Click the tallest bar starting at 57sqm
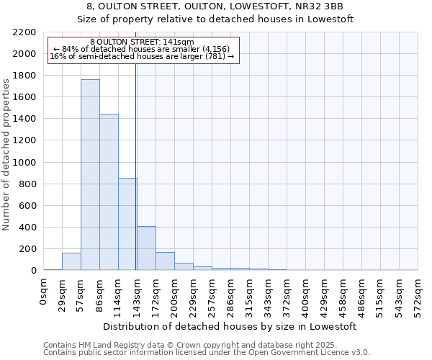[90, 175]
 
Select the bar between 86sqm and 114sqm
[109, 192]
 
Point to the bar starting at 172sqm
[165, 261]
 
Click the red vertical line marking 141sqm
[135, 166]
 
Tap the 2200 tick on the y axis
[24, 32]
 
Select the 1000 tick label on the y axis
[24, 163]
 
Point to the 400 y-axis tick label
[27, 228]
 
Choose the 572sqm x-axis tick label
[418, 293]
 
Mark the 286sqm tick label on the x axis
[231, 293]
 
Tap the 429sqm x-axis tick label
[325, 293]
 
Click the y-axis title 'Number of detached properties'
[6, 151]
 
